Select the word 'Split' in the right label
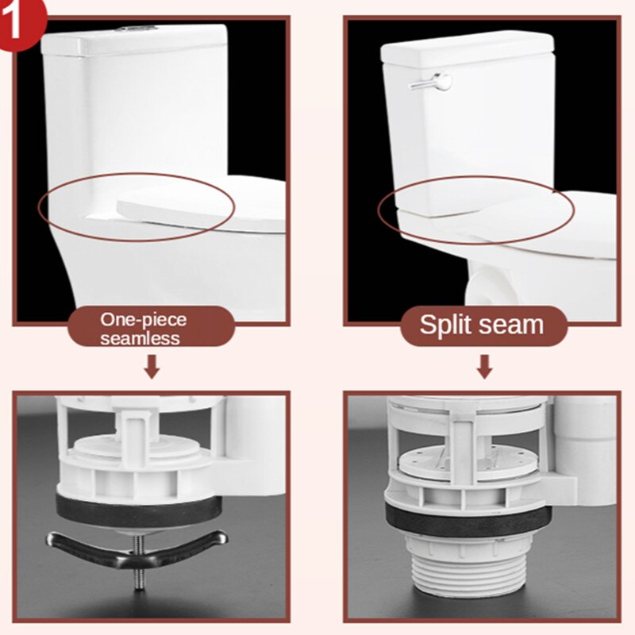click(446, 325)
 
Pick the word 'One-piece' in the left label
click(143, 319)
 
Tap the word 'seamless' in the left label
click(140, 338)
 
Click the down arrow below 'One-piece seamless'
click(152, 367)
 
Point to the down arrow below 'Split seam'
click(484, 367)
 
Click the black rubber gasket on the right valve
click(468, 515)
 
